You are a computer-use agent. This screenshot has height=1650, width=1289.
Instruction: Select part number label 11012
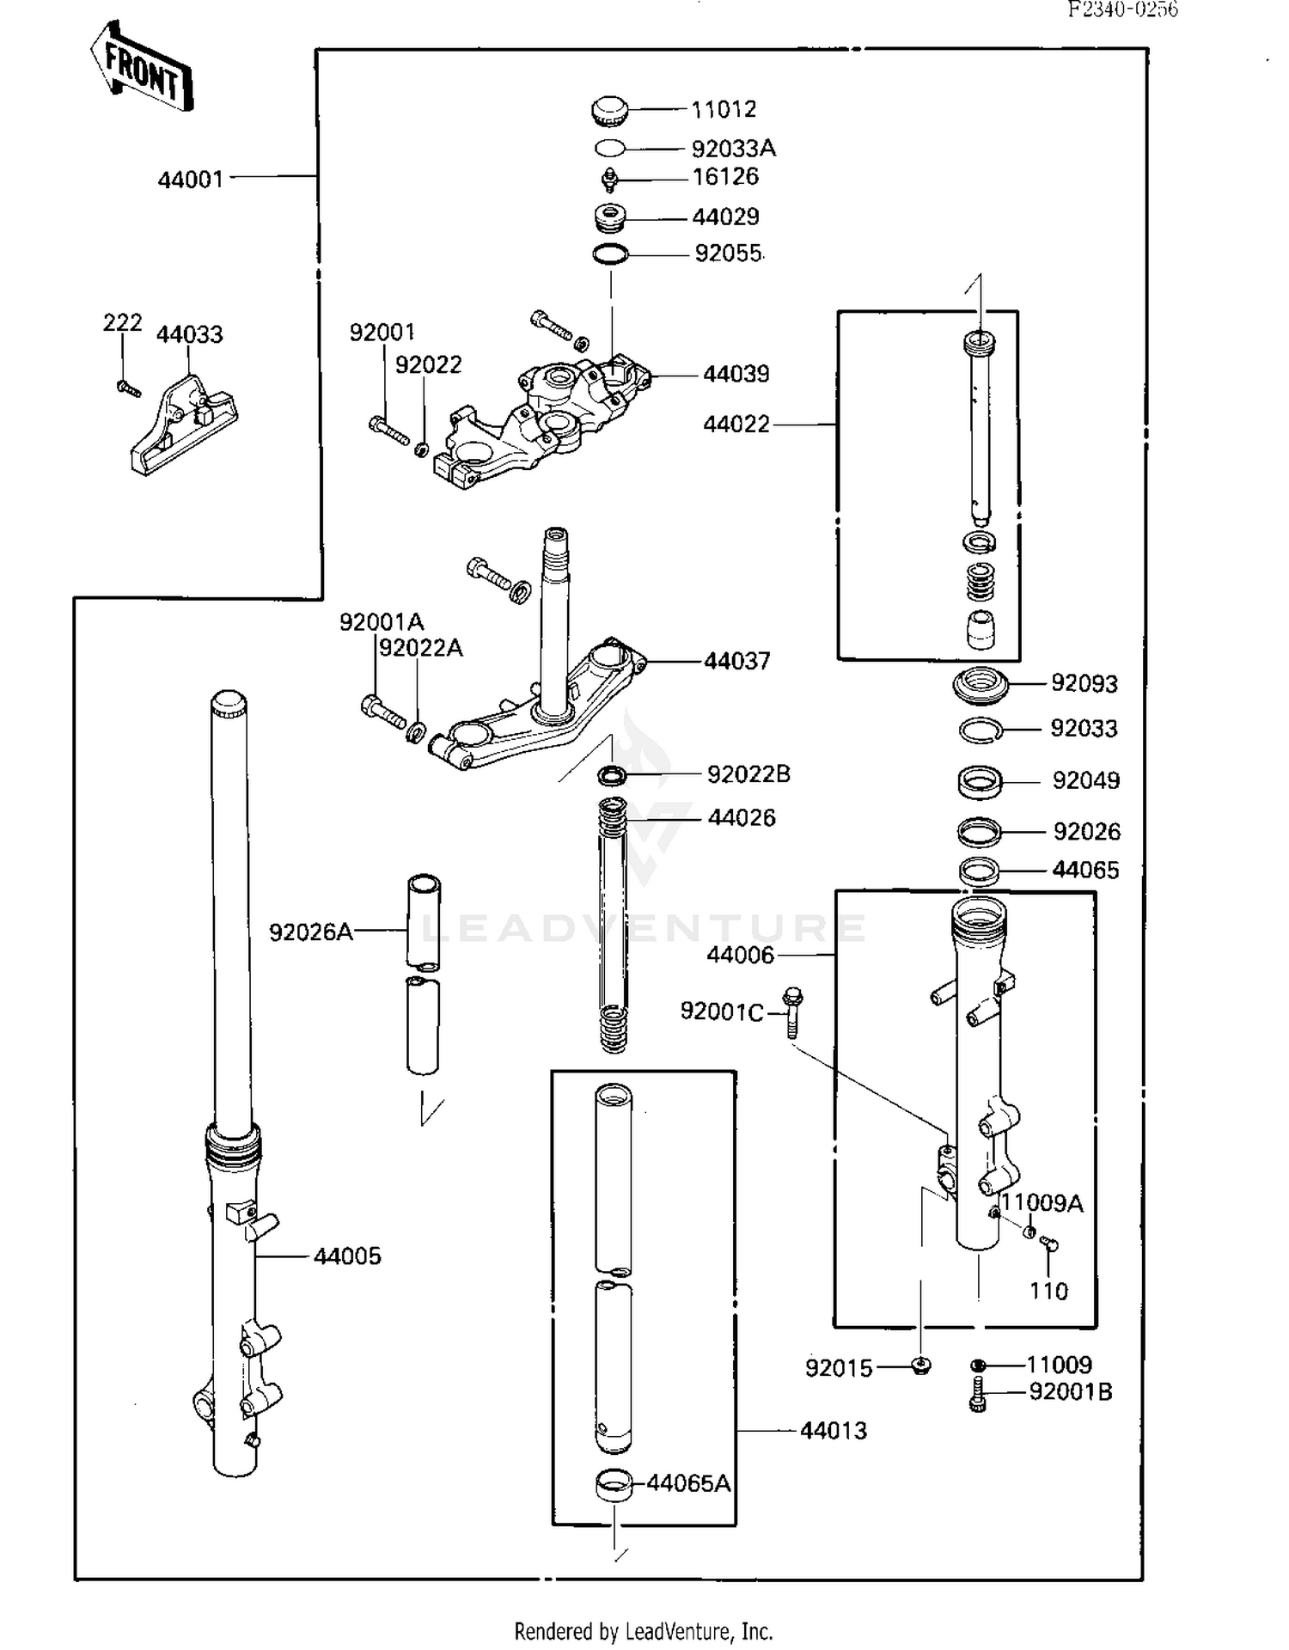(724, 109)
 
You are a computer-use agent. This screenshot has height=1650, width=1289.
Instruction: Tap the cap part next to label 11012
(610, 110)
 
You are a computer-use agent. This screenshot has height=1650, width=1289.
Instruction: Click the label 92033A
(733, 149)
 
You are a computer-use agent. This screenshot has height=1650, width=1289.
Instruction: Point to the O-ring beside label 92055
(611, 254)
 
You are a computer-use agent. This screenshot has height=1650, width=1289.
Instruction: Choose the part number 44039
(736, 374)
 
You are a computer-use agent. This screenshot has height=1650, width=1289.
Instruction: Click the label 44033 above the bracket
(189, 334)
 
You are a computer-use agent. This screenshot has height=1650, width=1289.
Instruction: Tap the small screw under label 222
(129, 389)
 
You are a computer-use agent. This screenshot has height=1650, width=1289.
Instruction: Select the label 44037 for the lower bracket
(736, 661)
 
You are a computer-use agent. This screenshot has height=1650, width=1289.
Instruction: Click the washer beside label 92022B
(612, 776)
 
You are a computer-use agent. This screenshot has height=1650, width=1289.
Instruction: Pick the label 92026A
(311, 932)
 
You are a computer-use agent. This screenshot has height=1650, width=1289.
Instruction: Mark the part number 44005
(347, 1256)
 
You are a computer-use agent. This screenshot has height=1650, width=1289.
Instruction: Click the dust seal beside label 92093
(980, 684)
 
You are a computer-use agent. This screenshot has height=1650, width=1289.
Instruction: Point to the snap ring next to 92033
(980, 730)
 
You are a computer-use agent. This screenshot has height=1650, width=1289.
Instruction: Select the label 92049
(1085, 780)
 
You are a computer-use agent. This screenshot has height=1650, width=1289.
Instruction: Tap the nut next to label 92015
(920, 1366)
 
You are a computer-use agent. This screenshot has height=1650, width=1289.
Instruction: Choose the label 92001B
(1070, 1391)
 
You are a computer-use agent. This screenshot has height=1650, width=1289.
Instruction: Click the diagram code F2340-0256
(1122, 9)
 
